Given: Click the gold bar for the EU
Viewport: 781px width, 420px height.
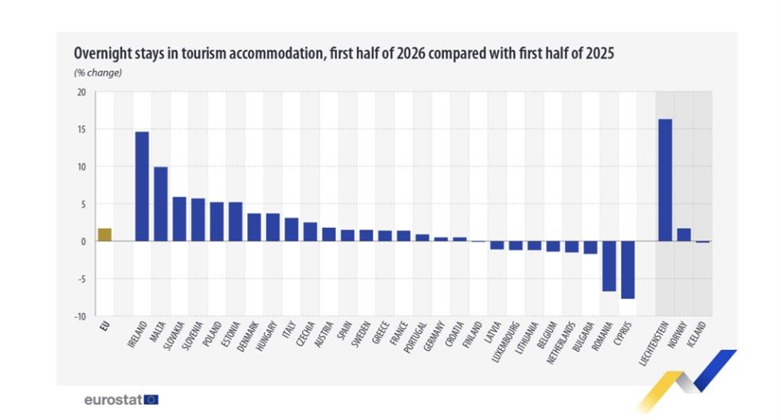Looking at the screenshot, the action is [x=104, y=234].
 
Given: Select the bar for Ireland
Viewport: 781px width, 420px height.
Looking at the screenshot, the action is [x=142, y=186].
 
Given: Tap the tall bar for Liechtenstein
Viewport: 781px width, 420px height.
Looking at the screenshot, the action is [x=665, y=180].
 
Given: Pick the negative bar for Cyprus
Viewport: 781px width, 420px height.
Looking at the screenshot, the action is [x=628, y=269].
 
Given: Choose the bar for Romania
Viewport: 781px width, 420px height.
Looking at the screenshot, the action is [x=609, y=266].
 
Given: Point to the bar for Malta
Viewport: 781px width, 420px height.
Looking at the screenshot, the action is [x=161, y=204].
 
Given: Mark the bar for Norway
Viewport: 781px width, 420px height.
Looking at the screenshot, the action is [x=684, y=234].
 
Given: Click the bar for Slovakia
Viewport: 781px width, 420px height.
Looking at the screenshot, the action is [x=179, y=218].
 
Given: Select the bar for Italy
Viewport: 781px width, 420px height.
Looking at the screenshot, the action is [x=292, y=230].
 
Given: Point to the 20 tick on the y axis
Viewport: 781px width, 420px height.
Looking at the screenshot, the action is [x=81, y=92].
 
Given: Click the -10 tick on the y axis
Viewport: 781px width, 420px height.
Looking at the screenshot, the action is [x=80, y=316].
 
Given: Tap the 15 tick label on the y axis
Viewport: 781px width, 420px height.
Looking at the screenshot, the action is [x=81, y=130].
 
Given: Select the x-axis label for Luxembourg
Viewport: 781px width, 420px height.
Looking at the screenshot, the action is [x=505, y=342].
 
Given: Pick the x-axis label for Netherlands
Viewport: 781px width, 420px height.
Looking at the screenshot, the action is [x=561, y=343].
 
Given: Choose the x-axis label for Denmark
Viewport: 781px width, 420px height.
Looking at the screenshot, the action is [x=248, y=337].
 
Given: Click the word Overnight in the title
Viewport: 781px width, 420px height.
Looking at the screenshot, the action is [x=101, y=53].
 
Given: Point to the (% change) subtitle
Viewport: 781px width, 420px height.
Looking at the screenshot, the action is [x=98, y=73].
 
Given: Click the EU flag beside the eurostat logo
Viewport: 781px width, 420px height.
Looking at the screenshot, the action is [x=151, y=399].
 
